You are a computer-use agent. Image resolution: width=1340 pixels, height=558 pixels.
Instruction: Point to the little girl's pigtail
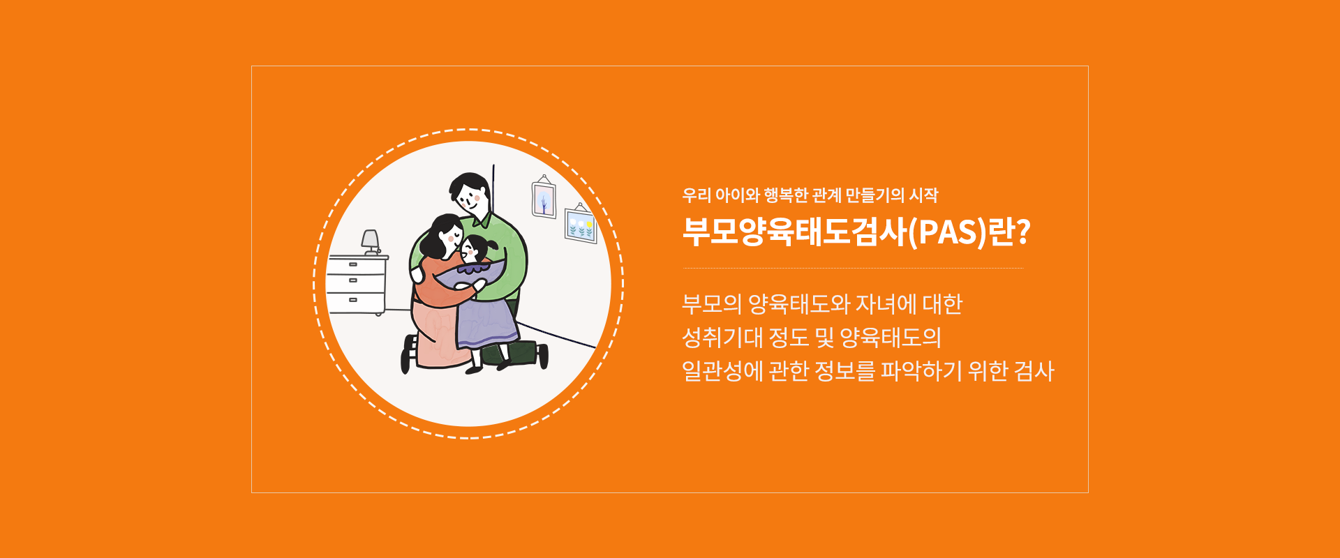[x=494, y=245]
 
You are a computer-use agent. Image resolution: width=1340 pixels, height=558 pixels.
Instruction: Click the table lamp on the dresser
[x=371, y=242]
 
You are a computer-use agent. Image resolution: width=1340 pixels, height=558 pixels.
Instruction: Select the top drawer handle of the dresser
[x=353, y=265]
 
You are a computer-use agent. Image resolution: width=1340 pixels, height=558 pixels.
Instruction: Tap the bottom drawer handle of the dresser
[x=353, y=300]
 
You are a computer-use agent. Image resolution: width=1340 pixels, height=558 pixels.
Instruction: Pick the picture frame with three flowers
[x=581, y=223]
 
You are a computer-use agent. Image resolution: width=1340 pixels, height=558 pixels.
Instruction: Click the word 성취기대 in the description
[x=722, y=338]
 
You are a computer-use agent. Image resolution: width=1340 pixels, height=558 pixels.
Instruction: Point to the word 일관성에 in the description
[x=722, y=371]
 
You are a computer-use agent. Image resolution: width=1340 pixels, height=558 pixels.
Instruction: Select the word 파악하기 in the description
[x=921, y=371]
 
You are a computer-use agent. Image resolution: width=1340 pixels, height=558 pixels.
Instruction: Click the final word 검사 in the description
[x=1034, y=371]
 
